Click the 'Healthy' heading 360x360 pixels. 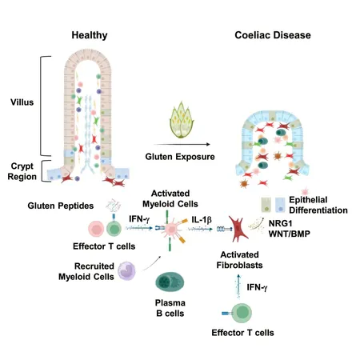90,35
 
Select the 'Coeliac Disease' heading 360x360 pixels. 273,35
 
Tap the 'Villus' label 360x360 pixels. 22,102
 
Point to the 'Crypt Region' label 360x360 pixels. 22,171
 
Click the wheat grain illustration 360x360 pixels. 182,120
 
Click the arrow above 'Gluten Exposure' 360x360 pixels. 182,144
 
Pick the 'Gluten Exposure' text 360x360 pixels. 180,157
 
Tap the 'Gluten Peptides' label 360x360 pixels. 61,206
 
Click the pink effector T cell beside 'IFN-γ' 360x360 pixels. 96,229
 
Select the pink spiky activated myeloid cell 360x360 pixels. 170,229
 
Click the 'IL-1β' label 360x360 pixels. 202,220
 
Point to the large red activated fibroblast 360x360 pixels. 238,229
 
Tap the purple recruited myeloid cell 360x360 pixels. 126,271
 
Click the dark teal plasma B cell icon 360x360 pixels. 170,282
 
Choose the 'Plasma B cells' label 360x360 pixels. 170,308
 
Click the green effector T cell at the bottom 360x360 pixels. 242,313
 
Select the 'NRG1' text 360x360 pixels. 280,223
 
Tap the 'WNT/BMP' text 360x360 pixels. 290,234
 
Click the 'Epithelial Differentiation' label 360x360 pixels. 318,205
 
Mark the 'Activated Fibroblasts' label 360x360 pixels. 239,260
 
